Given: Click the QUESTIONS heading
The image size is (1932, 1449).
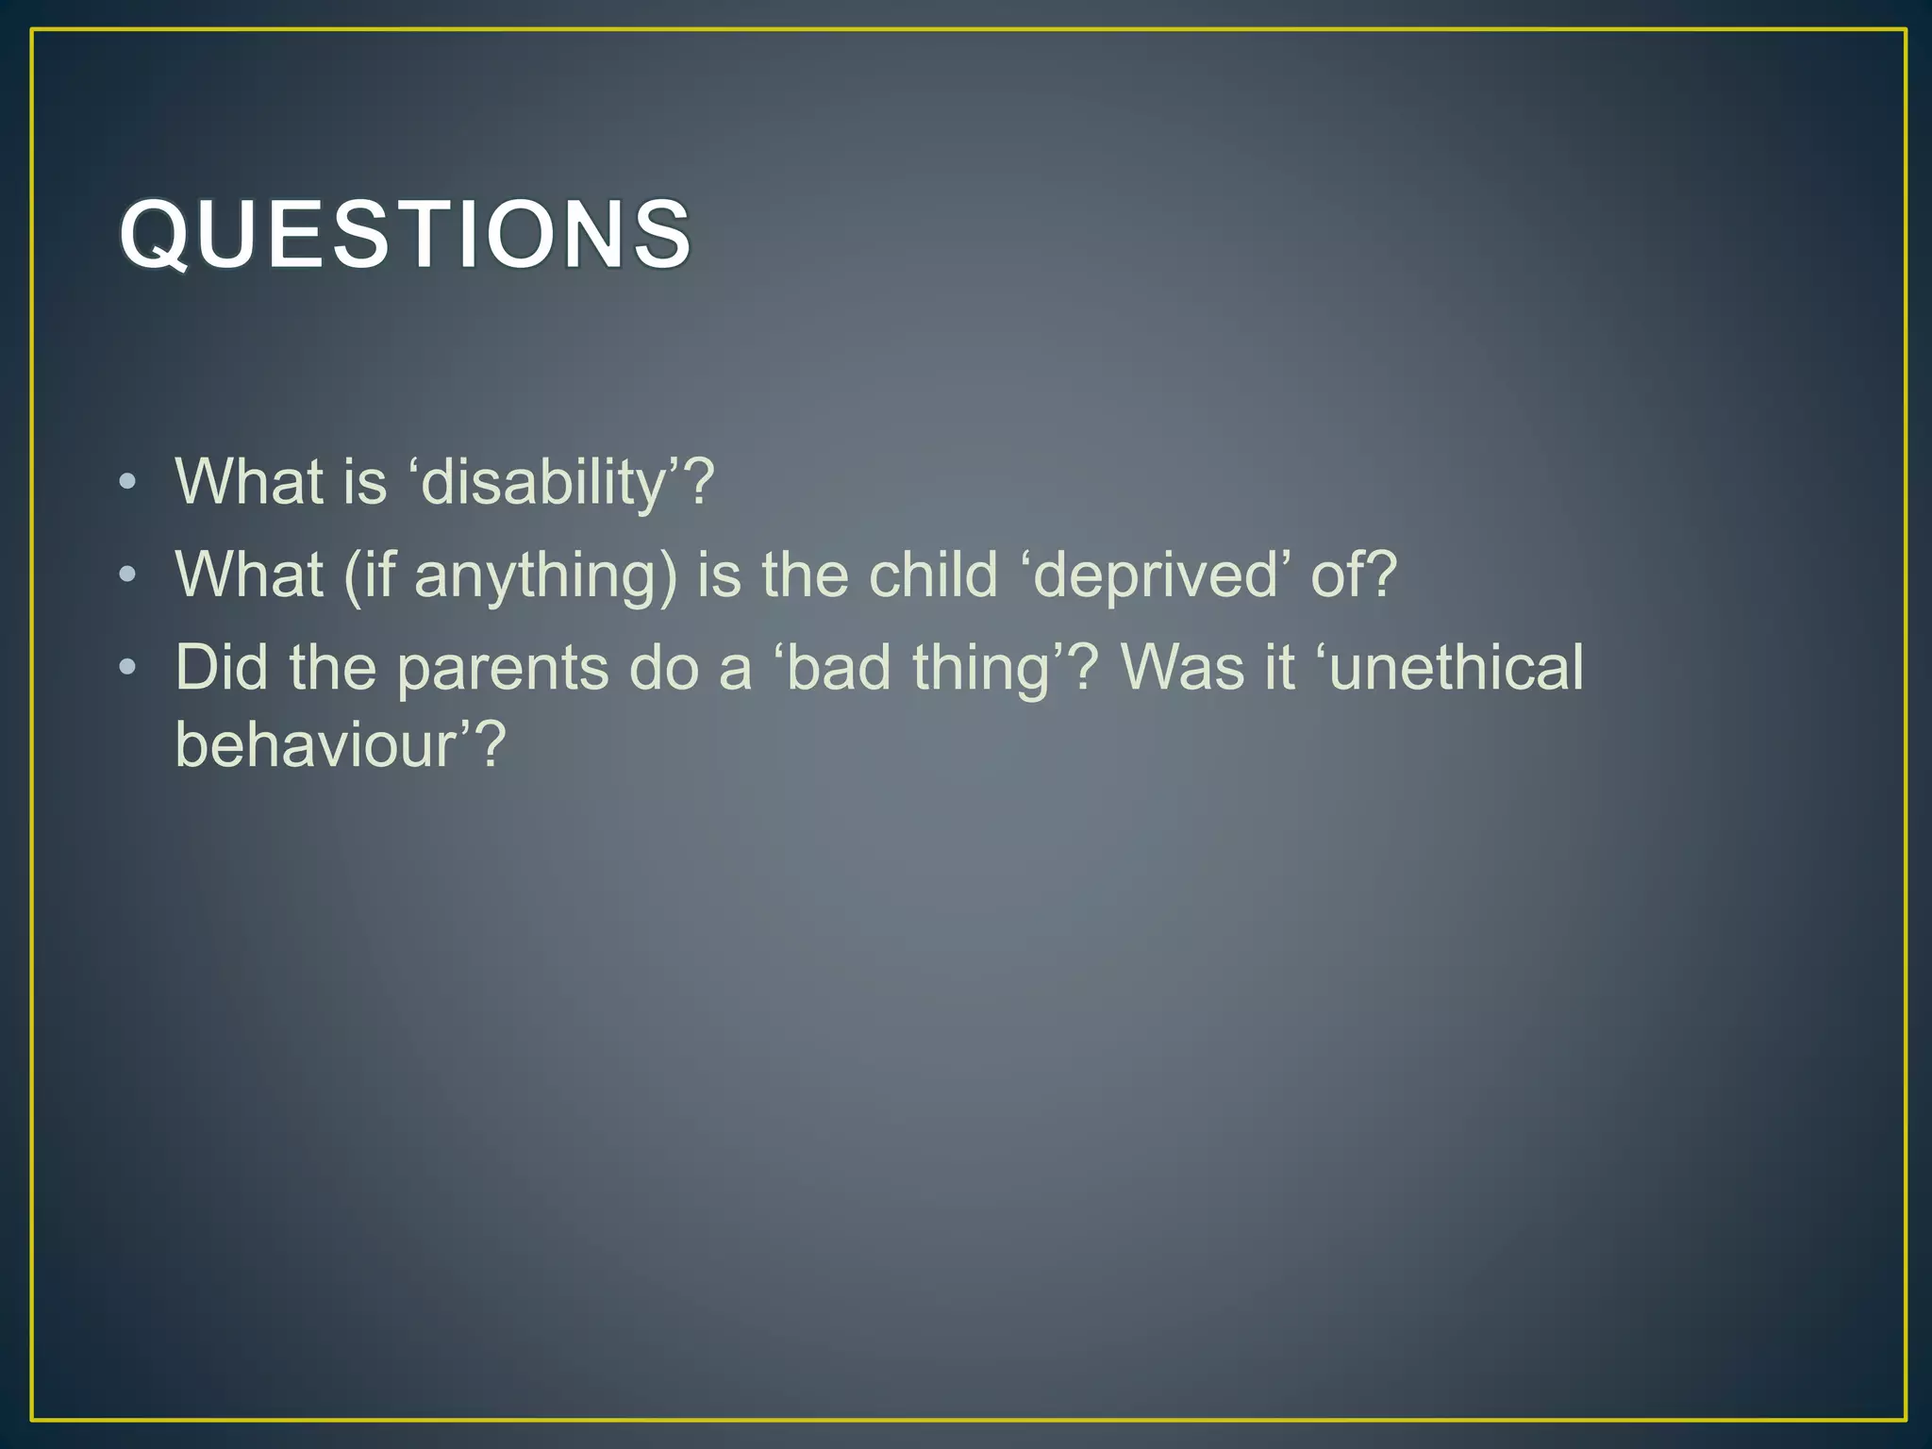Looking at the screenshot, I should [x=406, y=234].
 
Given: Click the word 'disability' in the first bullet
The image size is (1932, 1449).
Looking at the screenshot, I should [x=543, y=482].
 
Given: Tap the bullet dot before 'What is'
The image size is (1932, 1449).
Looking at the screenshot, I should [x=128, y=482].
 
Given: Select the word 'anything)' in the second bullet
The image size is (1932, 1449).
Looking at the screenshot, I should [x=545, y=575].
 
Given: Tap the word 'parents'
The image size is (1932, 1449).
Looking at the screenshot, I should [x=502, y=668].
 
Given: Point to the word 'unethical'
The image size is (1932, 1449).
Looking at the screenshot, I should [x=1457, y=668].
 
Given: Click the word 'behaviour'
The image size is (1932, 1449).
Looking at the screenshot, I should [x=316, y=744].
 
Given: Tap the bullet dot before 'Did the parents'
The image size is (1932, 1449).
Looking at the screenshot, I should [x=128, y=668].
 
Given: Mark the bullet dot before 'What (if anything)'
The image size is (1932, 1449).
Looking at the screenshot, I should [x=128, y=575].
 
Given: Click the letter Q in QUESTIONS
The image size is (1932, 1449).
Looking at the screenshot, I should [x=157, y=234].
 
